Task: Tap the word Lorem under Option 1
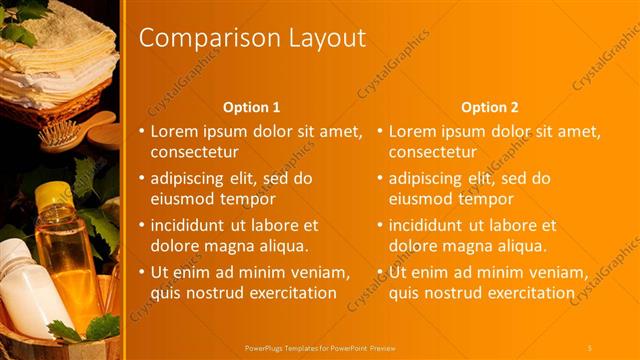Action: [174, 131]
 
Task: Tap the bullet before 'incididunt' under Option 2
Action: [380, 226]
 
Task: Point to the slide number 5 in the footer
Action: [589, 347]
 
